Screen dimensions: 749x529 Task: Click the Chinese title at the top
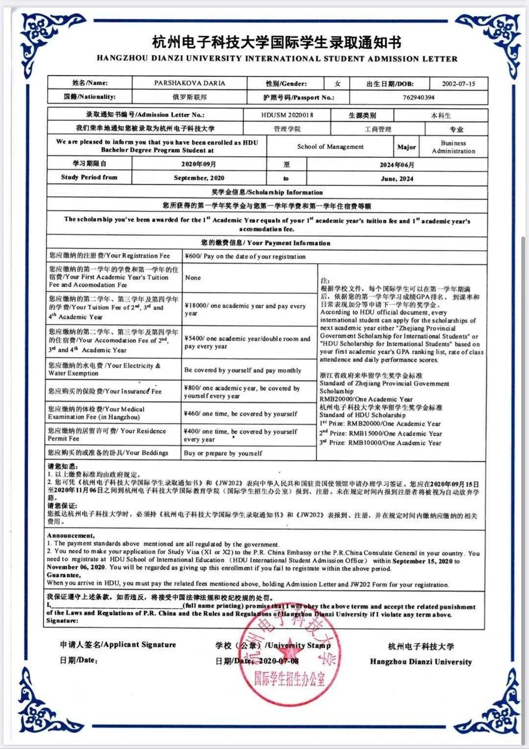click(x=277, y=43)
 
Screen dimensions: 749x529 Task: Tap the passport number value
click(x=418, y=97)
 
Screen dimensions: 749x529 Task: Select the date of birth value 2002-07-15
click(x=458, y=84)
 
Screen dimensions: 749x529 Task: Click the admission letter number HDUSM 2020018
click(x=287, y=115)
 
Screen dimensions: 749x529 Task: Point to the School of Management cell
click(x=330, y=146)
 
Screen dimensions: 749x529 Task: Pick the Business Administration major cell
click(x=453, y=147)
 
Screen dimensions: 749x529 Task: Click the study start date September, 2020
click(x=199, y=178)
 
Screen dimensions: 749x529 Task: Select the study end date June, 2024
click(x=397, y=178)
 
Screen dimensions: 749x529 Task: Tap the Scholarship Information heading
click(x=267, y=193)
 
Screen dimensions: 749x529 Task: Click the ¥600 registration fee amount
click(x=245, y=256)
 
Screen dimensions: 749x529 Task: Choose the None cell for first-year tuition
click(x=193, y=278)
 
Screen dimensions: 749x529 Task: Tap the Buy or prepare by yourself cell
click(x=223, y=454)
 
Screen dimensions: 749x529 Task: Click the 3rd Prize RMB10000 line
click(x=380, y=443)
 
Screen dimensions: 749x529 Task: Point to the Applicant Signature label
click(x=118, y=645)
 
